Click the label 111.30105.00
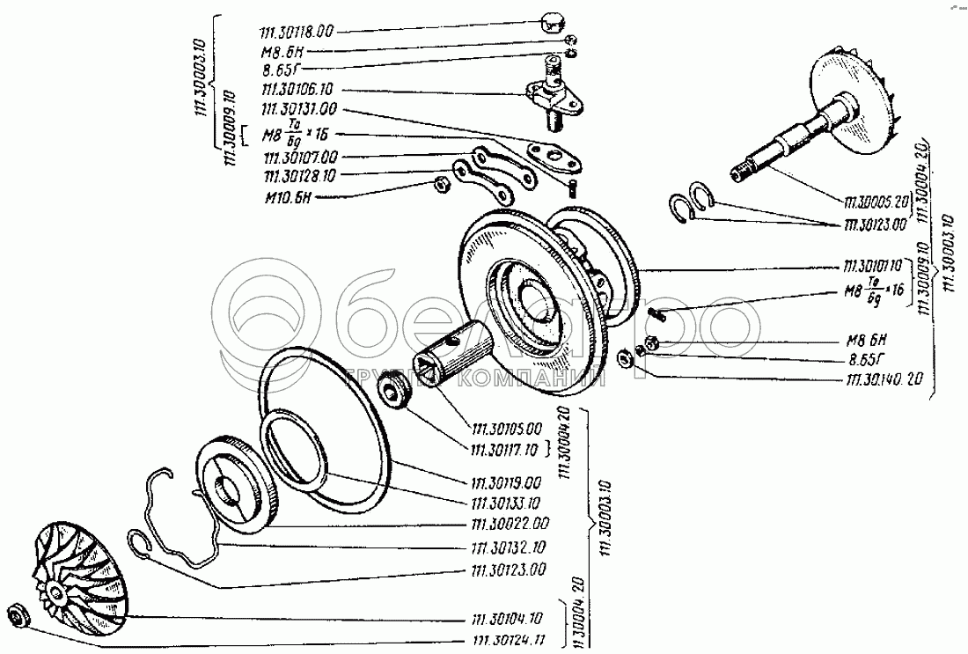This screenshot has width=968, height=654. (x=508, y=429)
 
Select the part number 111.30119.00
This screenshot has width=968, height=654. (x=508, y=483)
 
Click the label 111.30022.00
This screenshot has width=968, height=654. (x=508, y=525)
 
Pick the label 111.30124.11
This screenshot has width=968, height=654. (x=508, y=640)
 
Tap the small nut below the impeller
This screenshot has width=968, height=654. (x=18, y=614)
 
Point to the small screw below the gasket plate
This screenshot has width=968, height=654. (x=573, y=187)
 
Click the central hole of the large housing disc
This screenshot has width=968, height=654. (x=537, y=305)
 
